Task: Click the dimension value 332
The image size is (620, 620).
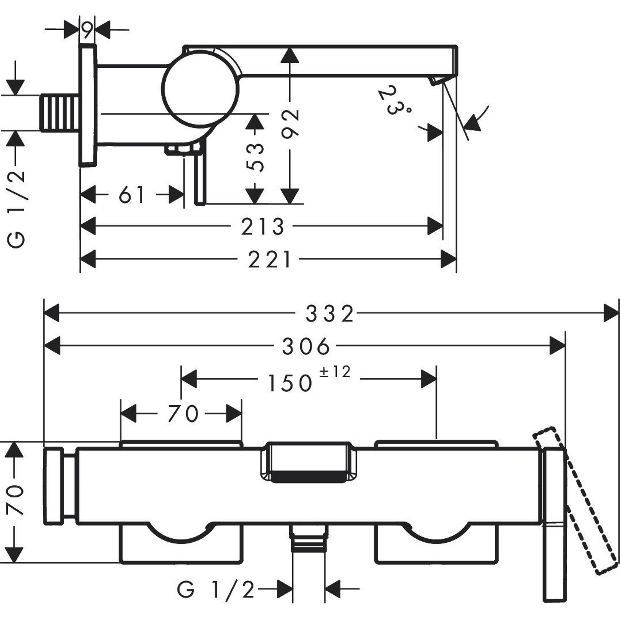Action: click(x=330, y=314)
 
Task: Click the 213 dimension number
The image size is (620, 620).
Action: click(x=263, y=227)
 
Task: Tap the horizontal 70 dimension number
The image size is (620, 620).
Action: click(x=183, y=414)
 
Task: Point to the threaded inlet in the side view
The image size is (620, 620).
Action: click(x=60, y=113)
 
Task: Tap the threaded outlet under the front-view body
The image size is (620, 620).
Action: click(x=309, y=543)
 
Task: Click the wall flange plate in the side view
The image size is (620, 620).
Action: click(x=87, y=106)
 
